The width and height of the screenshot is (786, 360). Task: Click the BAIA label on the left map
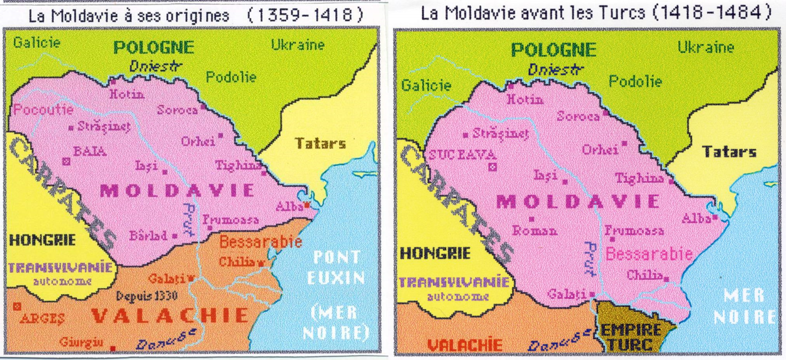click(x=90, y=152)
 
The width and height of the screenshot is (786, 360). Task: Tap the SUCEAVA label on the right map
click(x=462, y=155)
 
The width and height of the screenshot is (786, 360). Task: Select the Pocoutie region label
click(x=43, y=109)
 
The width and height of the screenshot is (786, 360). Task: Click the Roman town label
click(x=535, y=231)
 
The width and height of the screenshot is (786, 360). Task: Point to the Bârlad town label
click(x=148, y=235)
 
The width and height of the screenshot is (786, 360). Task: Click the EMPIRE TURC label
click(x=631, y=336)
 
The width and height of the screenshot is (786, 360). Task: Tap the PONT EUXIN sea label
click(x=336, y=267)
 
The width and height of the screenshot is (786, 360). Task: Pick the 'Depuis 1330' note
click(x=147, y=296)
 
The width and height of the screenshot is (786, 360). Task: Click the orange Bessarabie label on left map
click(x=261, y=242)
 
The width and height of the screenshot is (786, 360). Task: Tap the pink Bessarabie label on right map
click(x=649, y=254)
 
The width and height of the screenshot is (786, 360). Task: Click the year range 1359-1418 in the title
click(x=305, y=15)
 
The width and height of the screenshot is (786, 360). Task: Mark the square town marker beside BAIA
click(x=66, y=162)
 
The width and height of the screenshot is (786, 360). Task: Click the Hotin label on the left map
click(x=127, y=94)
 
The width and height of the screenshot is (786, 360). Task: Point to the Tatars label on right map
click(x=729, y=152)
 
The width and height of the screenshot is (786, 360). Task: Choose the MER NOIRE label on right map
click(x=744, y=306)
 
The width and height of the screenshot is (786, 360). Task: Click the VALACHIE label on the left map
click(x=170, y=315)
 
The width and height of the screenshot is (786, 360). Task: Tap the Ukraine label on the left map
click(x=298, y=44)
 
